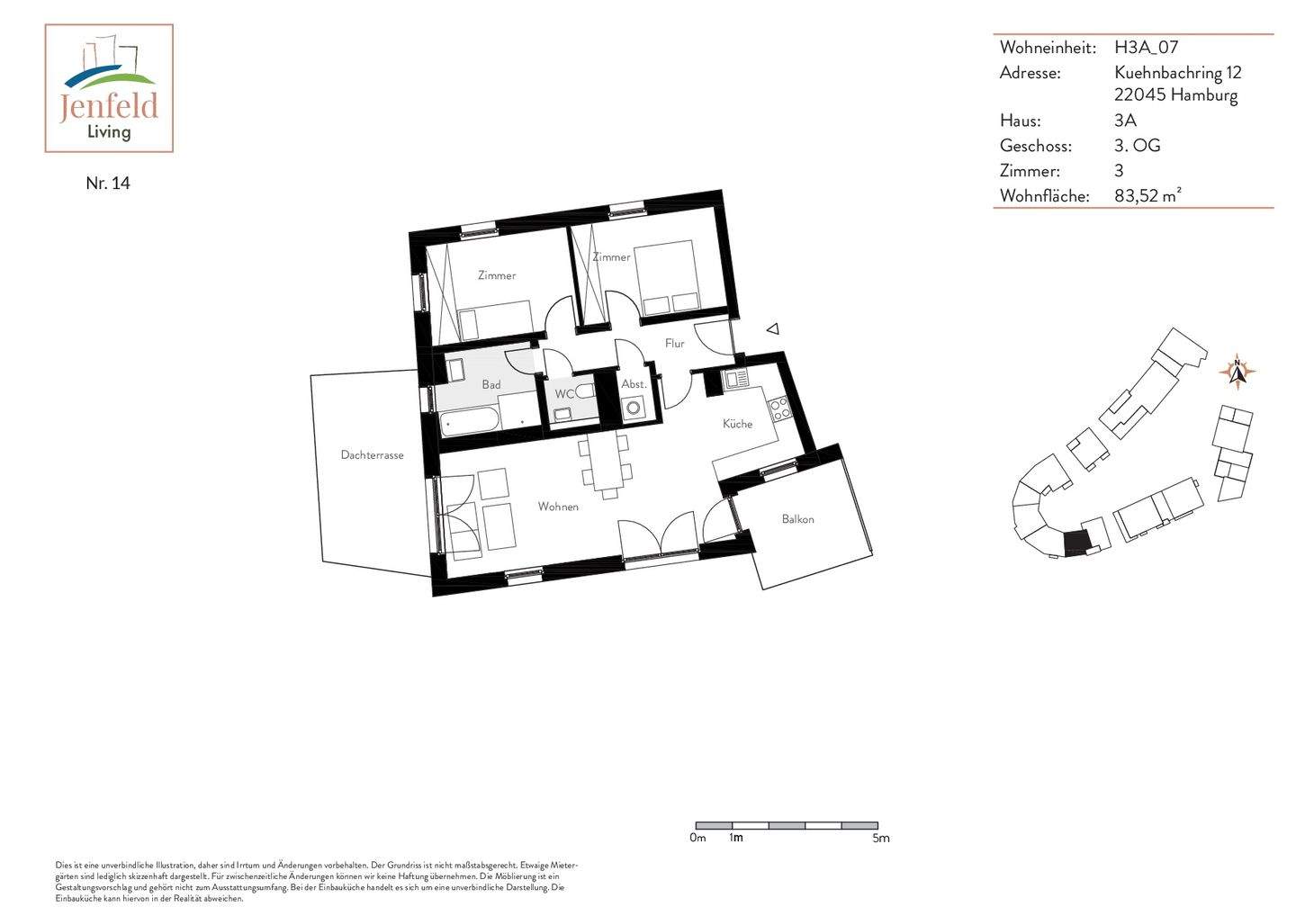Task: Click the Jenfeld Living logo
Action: click(109, 88)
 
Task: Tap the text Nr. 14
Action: click(108, 183)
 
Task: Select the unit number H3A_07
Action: click(1146, 48)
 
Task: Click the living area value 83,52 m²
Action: click(1147, 195)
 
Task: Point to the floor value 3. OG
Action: click(1137, 146)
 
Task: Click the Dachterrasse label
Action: click(372, 455)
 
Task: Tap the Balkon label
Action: click(797, 519)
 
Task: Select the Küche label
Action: click(737, 424)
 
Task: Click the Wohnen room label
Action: click(558, 507)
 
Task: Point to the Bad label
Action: click(490, 384)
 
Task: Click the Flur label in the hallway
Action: click(674, 343)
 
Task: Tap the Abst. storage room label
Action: click(634, 384)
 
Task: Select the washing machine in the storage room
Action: click(634, 408)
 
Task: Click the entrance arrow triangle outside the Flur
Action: click(772, 329)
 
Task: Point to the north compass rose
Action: click(1237, 371)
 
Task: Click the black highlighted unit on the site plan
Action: click(1075, 543)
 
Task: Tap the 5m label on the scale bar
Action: click(880, 839)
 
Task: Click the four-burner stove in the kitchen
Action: click(778, 408)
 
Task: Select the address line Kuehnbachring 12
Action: click(1177, 73)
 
